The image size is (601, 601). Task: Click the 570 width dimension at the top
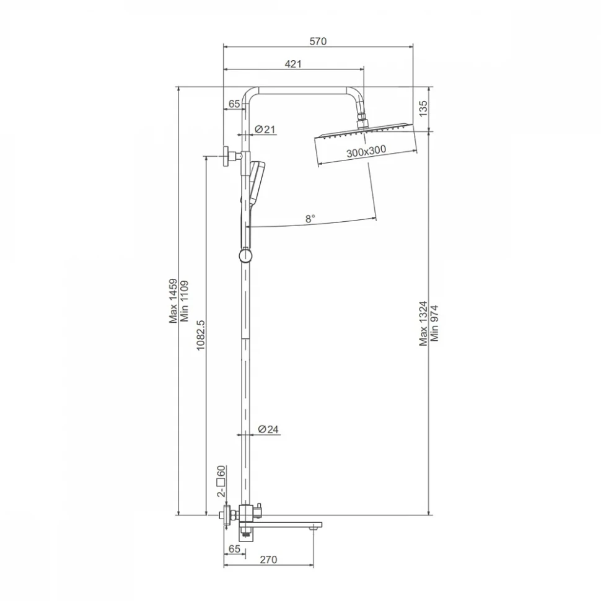pos(318,41)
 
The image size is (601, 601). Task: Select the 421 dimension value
pos(293,64)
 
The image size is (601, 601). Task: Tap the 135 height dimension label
pos(423,108)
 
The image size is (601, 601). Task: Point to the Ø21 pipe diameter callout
pos(265,129)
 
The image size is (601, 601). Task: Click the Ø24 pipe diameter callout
pos(268,429)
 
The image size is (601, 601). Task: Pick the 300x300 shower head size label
pos(366,151)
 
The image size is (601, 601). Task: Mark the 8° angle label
pos(310,219)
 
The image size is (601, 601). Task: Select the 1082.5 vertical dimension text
pos(201,335)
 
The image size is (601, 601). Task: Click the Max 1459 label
pos(173,301)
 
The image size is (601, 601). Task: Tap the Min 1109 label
pos(185,301)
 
